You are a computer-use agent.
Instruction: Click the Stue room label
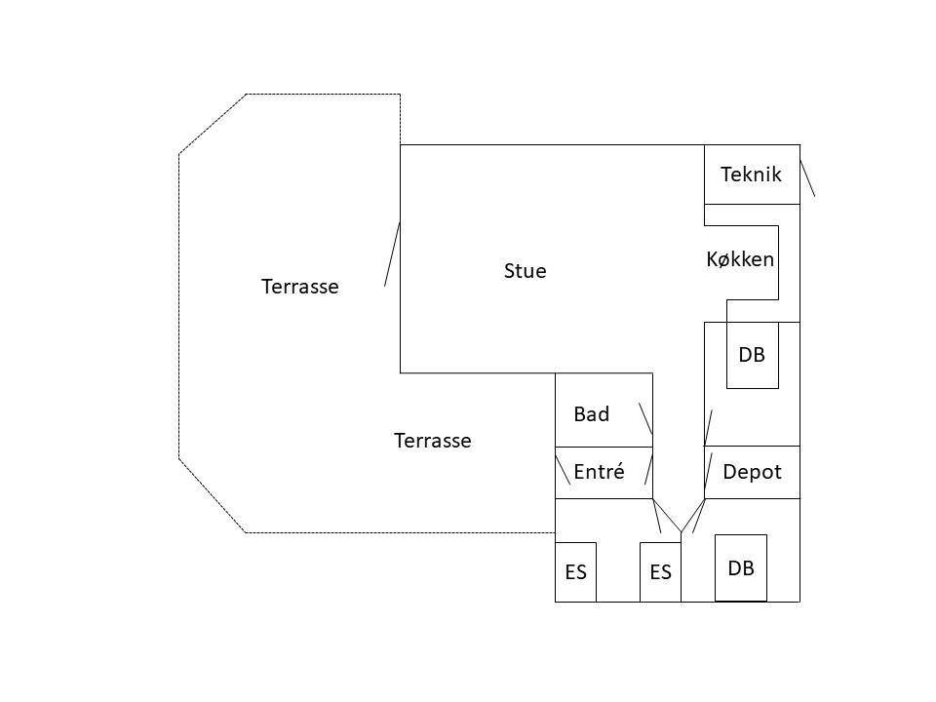click(x=525, y=271)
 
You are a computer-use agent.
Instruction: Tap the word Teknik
click(x=751, y=175)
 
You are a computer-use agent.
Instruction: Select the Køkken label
click(x=740, y=259)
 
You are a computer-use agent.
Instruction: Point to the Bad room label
click(x=591, y=414)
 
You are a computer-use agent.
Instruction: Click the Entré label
click(x=599, y=472)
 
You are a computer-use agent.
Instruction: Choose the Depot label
click(x=752, y=472)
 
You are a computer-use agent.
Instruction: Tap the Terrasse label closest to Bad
click(x=433, y=441)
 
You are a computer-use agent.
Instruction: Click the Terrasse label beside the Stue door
click(x=299, y=287)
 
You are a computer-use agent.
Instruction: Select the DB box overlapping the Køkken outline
click(x=752, y=355)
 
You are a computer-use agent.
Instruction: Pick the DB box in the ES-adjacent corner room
click(x=741, y=567)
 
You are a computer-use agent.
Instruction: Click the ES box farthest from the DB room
click(x=575, y=572)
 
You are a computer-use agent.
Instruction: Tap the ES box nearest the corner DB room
click(x=660, y=572)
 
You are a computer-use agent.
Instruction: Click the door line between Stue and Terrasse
click(x=392, y=253)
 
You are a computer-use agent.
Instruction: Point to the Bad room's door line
click(x=645, y=418)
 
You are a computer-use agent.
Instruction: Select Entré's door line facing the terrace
click(x=563, y=470)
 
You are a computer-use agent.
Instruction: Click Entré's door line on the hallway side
click(x=649, y=470)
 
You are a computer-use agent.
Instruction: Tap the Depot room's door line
click(x=708, y=475)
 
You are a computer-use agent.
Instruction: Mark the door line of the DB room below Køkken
click(x=709, y=427)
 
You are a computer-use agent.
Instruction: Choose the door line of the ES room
click(x=656, y=516)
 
